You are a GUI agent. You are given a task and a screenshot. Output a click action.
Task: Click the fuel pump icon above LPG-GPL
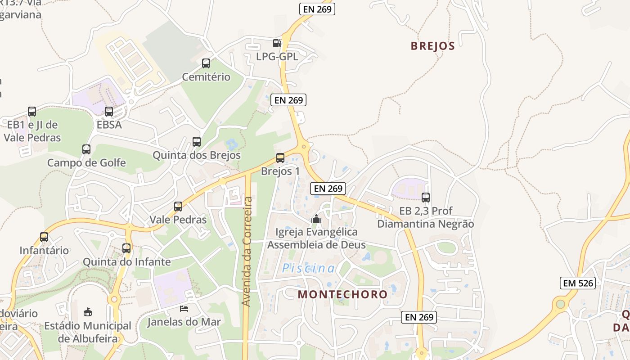(277, 43)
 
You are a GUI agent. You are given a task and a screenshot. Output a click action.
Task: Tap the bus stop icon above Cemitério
(206, 63)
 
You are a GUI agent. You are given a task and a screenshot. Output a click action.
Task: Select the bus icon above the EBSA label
(109, 112)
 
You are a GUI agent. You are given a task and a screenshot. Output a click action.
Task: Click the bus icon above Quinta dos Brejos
(197, 142)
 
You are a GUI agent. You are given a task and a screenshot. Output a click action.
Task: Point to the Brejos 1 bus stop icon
(280, 158)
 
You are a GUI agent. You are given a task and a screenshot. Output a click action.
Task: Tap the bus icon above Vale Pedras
(178, 207)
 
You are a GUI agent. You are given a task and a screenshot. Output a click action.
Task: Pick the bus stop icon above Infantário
(44, 237)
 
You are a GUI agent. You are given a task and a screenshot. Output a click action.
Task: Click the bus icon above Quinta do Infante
(126, 248)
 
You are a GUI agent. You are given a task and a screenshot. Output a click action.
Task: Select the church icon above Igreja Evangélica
(316, 219)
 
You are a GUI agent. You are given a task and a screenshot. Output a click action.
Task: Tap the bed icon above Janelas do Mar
(184, 309)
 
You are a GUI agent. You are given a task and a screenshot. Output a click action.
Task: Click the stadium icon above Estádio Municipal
(88, 312)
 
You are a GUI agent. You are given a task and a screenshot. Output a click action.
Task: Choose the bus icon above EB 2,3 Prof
(426, 197)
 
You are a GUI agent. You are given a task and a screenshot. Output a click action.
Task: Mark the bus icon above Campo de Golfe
(86, 149)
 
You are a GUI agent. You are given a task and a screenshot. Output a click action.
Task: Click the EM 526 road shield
(578, 283)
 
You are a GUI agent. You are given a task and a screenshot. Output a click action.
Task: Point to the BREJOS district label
(433, 46)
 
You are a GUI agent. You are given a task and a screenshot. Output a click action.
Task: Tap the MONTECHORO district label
(342, 294)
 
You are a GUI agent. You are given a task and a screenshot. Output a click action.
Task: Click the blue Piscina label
(309, 269)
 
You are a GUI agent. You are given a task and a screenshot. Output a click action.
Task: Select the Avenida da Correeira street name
(247, 252)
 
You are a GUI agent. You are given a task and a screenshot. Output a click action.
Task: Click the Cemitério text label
(206, 77)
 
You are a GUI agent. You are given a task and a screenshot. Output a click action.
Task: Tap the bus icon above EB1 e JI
(32, 112)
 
